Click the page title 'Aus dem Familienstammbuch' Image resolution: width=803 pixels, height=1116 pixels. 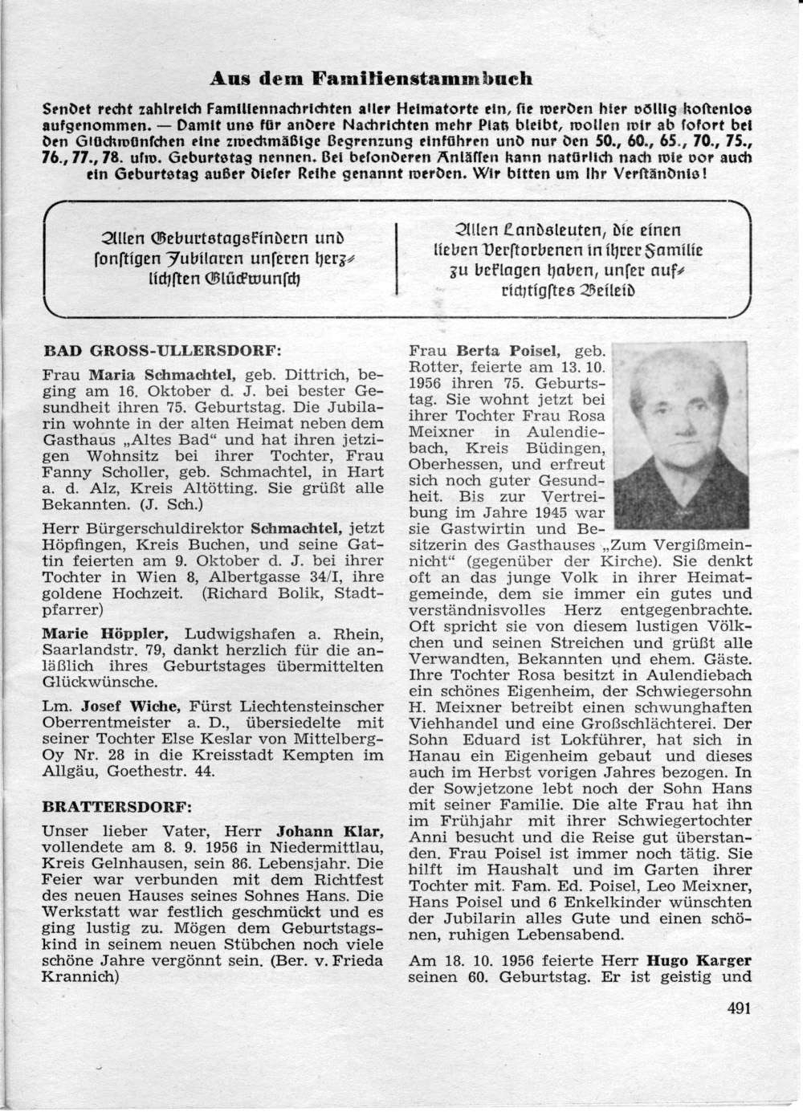click(370, 78)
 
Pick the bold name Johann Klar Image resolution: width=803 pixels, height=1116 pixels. click(331, 830)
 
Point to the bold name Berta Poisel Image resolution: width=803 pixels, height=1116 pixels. click(503, 351)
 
